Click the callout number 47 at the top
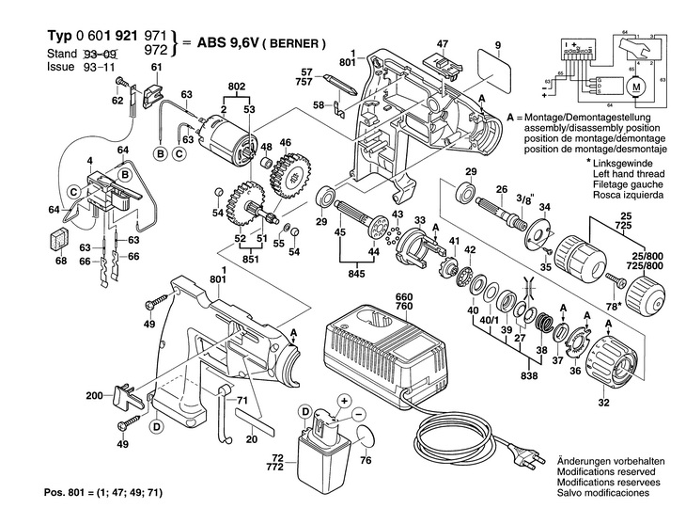[x=443, y=43]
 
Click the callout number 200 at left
[x=94, y=396]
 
